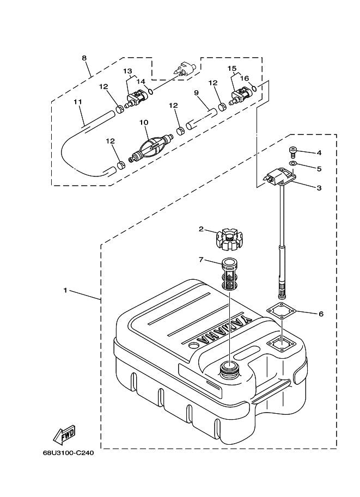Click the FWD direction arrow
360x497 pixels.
pyautogui.click(x=64, y=435)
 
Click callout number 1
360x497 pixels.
pyautogui.click(x=65, y=290)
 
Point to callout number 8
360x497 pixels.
pyautogui.click(x=84, y=57)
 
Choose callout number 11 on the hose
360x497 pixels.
pyautogui.click(x=77, y=102)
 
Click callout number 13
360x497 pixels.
pyautogui.click(x=127, y=71)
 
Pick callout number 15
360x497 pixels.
pyautogui.click(x=233, y=69)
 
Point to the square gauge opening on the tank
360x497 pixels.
pyautogui.click(x=280, y=342)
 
